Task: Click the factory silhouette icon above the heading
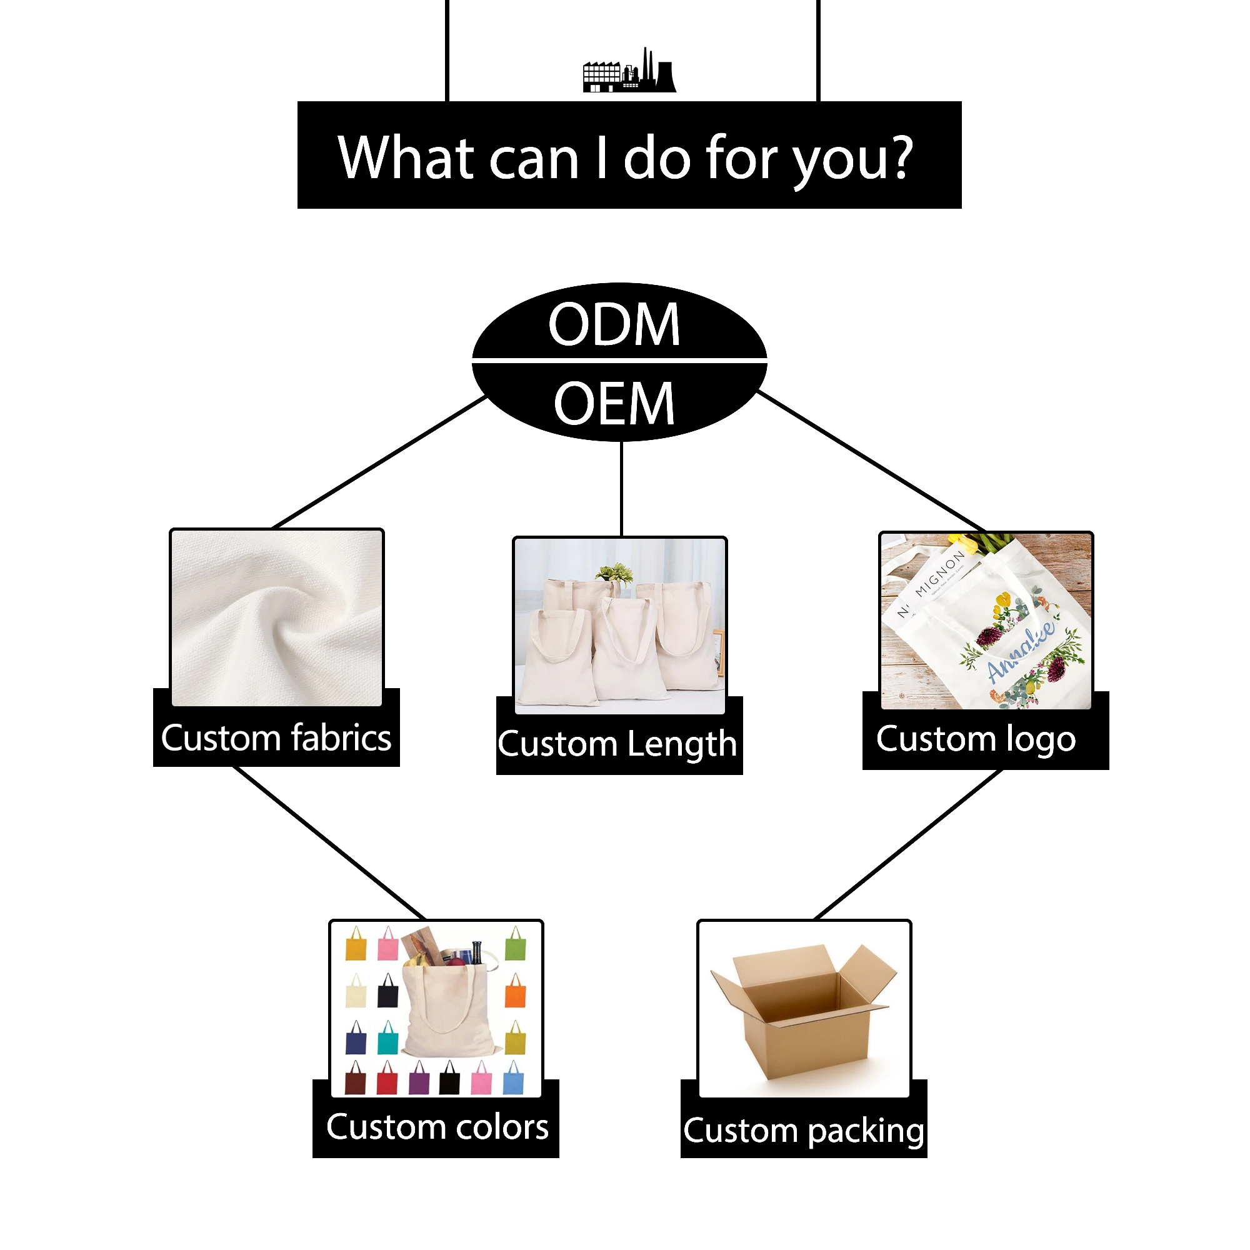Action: pos(629,72)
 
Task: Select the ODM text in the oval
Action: pos(614,324)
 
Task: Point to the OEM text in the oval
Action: pos(614,404)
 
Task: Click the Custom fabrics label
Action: pos(276,738)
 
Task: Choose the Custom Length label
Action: pos(617,744)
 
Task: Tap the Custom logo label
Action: pos(976,739)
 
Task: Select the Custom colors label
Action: pos(437,1127)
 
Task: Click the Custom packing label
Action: pos(804,1131)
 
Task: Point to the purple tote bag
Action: pos(419,1079)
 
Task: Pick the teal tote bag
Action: pos(387,1037)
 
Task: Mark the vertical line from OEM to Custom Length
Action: pos(622,489)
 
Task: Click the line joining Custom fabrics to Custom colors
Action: pos(329,843)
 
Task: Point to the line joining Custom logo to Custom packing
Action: pos(909,844)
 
